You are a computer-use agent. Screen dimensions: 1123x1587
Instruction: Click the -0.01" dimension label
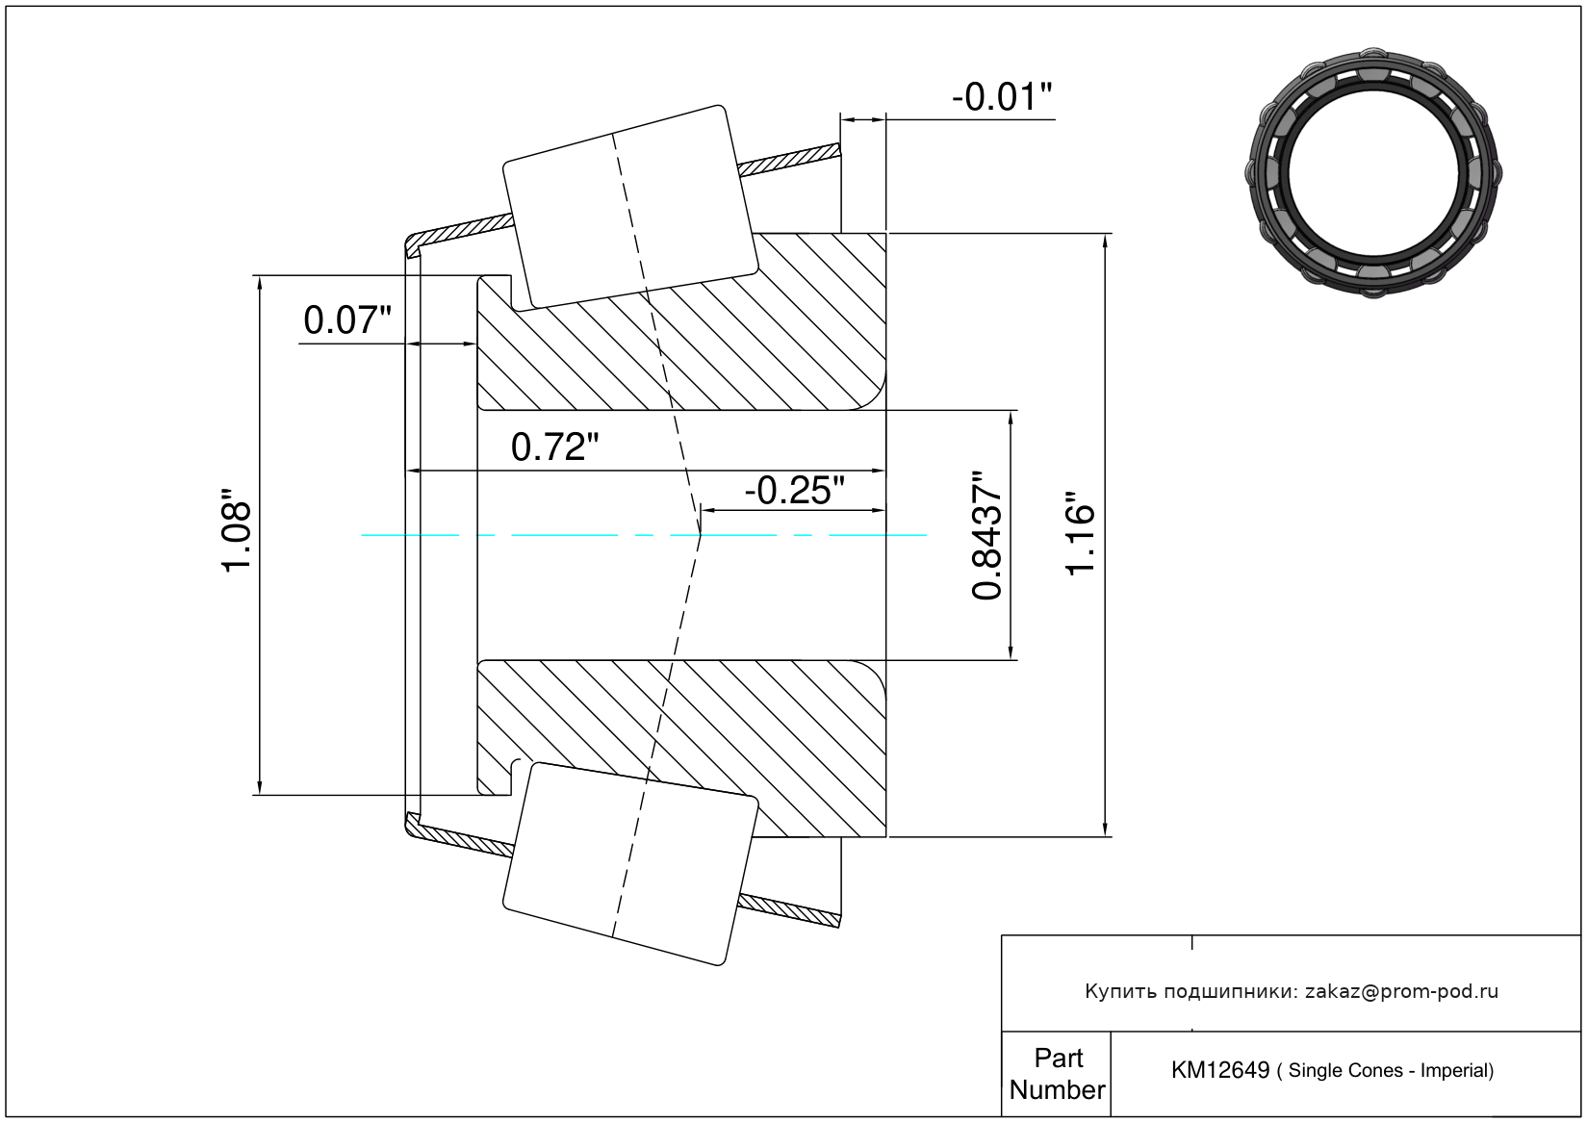1001,97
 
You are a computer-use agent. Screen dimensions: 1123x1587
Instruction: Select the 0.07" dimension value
347,320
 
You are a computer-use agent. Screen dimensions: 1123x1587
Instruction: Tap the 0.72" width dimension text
554,447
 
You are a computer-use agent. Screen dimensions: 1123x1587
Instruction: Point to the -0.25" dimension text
794,491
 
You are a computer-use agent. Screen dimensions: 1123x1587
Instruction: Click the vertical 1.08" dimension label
237,536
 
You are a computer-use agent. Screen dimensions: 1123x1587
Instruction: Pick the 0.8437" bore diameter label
987,536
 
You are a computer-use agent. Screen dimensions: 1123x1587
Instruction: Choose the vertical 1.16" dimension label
1082,535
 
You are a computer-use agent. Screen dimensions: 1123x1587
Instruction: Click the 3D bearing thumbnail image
1373,171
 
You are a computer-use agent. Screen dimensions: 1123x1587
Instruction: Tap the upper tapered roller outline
630,206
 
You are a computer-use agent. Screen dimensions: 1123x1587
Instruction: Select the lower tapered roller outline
630,863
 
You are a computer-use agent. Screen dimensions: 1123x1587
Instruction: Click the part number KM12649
1219,1070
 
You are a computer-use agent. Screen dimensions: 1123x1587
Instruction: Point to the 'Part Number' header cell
1057,1074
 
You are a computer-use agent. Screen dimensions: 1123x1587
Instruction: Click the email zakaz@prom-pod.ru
1401,991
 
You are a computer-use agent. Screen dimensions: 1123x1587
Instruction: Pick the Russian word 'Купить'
1120,992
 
